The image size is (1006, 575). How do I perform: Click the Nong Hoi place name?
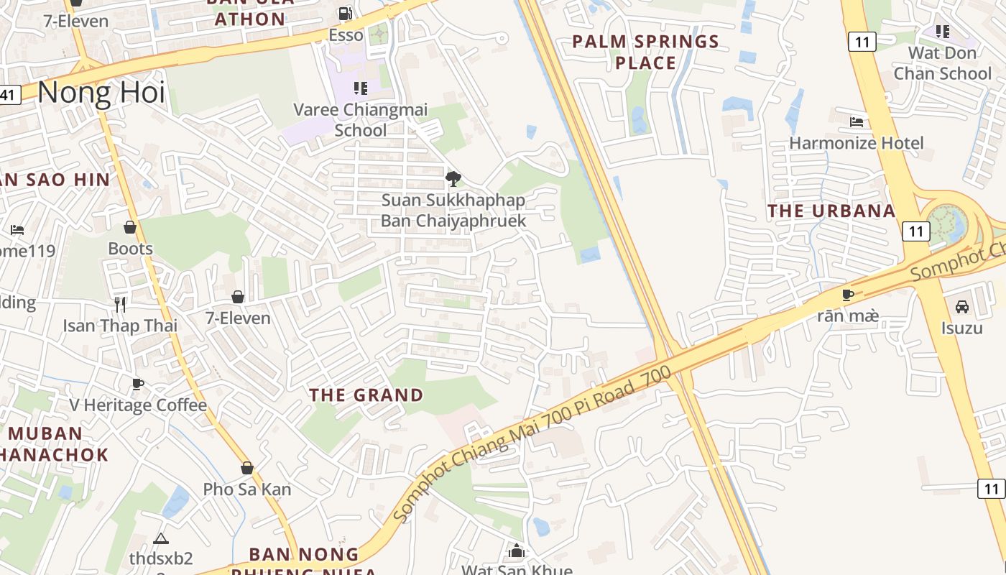[x=101, y=93]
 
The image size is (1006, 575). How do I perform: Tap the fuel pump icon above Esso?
[x=346, y=13]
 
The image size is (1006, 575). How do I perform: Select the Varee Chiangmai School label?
[x=360, y=119]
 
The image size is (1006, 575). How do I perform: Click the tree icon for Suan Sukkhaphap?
[x=453, y=178]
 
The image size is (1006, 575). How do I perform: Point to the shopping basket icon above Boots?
[x=130, y=227]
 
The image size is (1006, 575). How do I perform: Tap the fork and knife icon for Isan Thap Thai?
[x=120, y=304]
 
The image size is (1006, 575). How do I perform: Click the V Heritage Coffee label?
[x=138, y=405]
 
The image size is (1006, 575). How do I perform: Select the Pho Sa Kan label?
[x=247, y=489]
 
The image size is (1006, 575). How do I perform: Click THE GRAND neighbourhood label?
[x=366, y=395]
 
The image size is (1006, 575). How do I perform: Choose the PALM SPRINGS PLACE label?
[x=645, y=52]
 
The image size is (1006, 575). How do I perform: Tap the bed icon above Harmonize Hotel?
[x=857, y=121]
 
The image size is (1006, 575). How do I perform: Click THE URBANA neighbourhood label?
[x=831, y=211]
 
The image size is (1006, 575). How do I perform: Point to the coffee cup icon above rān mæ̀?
[x=848, y=295]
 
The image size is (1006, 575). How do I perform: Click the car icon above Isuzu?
[x=962, y=307]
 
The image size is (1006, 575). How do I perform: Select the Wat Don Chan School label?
[x=942, y=63]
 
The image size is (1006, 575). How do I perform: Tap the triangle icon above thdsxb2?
[x=161, y=538]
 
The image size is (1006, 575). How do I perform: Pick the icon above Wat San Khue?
[x=516, y=551]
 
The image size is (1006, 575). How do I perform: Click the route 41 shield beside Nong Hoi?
[x=9, y=94]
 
